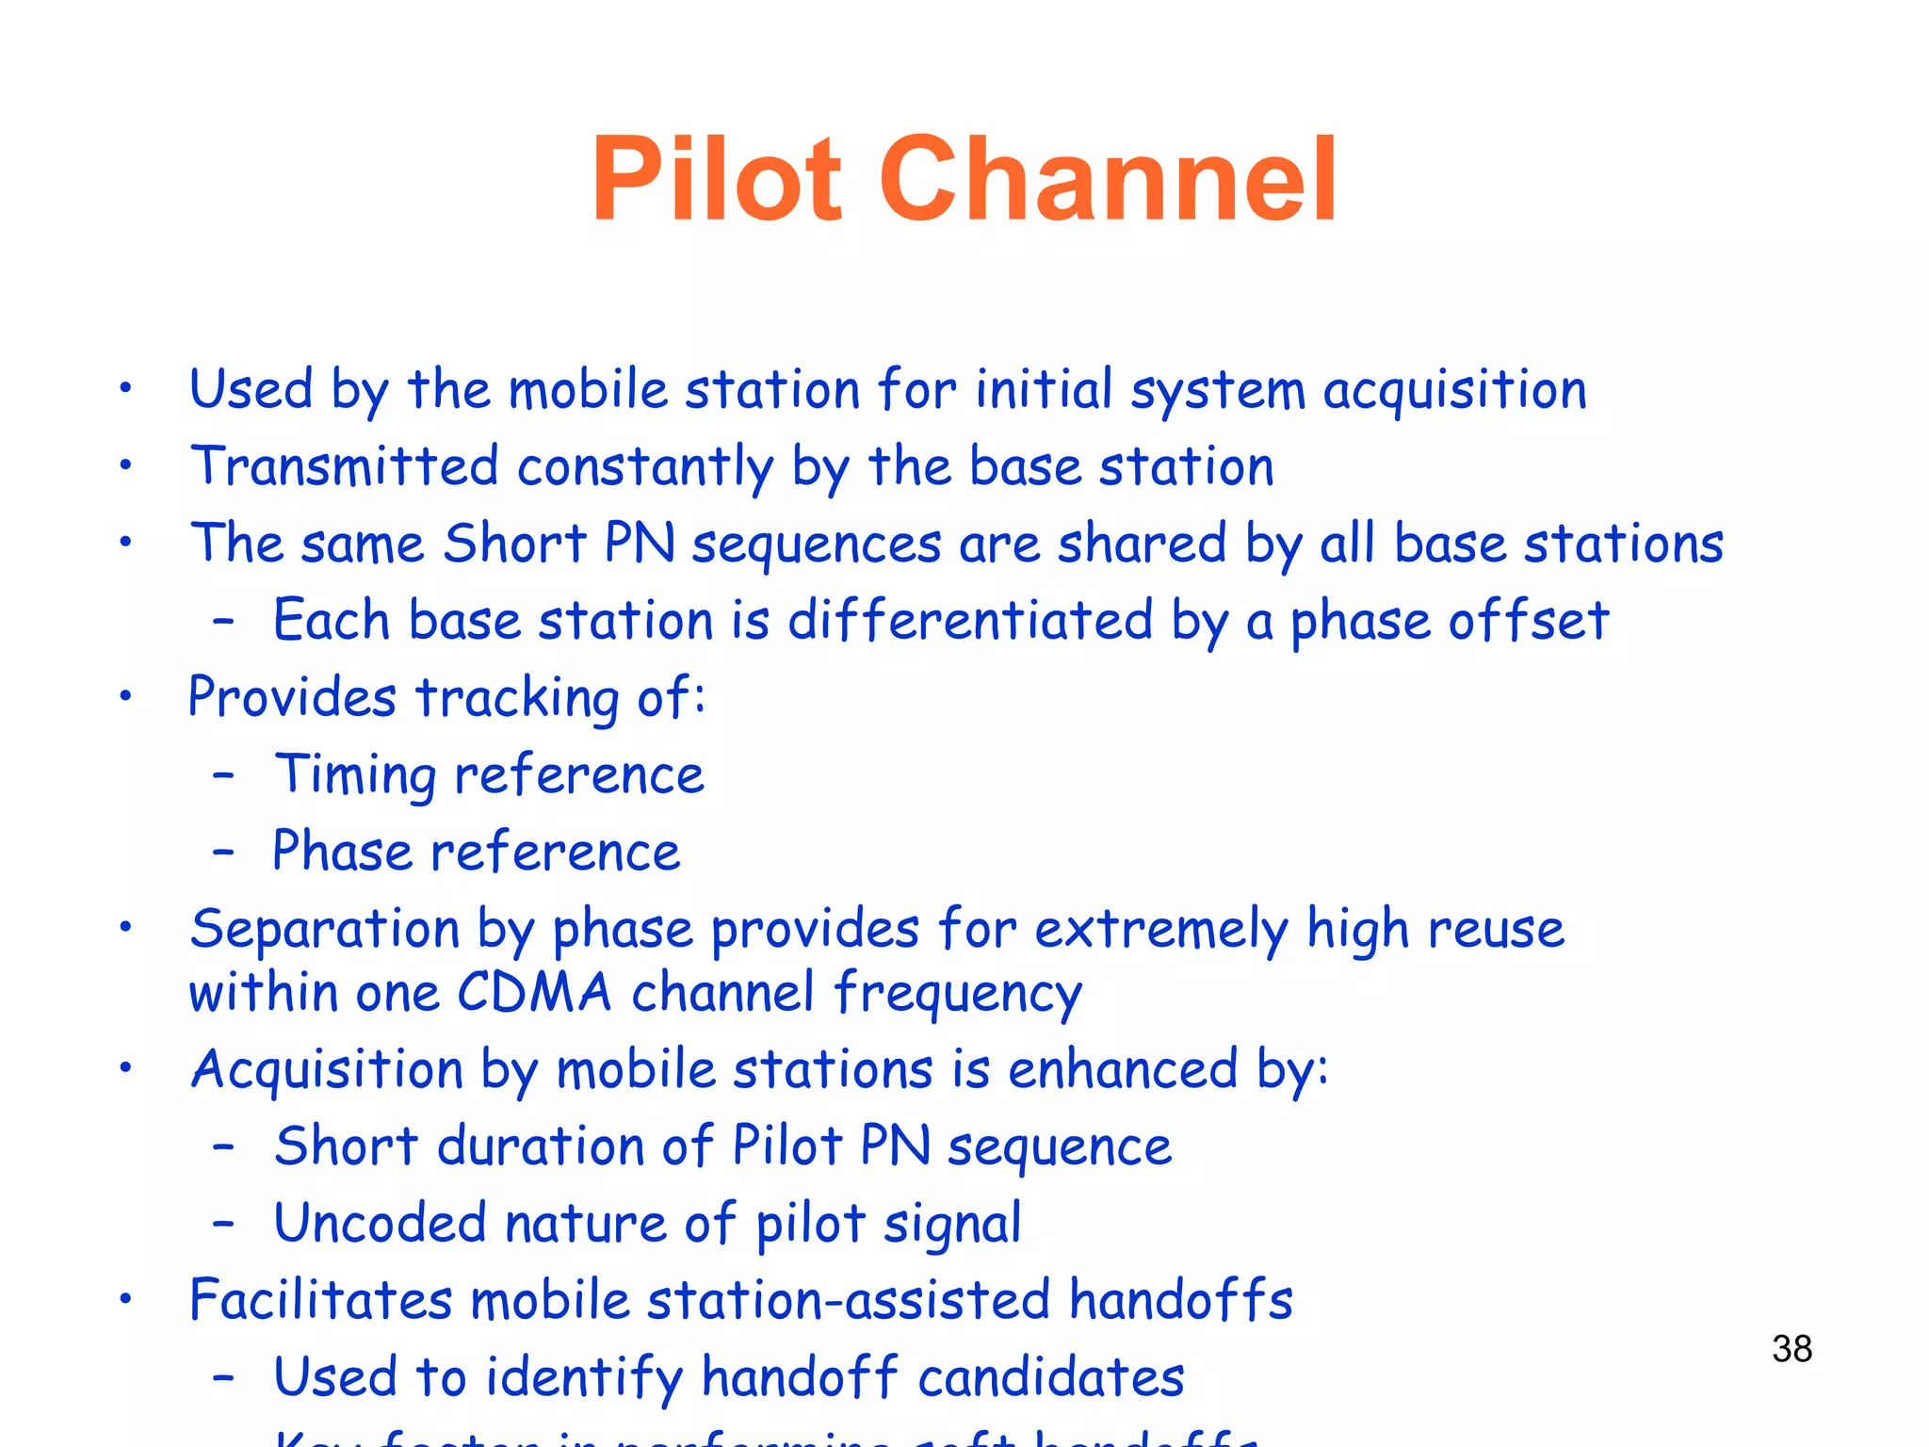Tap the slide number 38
point(1791,1349)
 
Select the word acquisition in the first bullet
point(1454,390)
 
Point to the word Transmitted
point(344,466)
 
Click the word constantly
point(645,468)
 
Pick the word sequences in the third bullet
point(816,545)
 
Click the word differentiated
point(970,621)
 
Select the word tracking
point(517,699)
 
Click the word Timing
point(354,776)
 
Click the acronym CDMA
point(534,993)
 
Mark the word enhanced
point(1122,1070)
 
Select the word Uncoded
point(380,1224)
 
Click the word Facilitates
point(320,1300)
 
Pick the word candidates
point(1050,1377)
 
